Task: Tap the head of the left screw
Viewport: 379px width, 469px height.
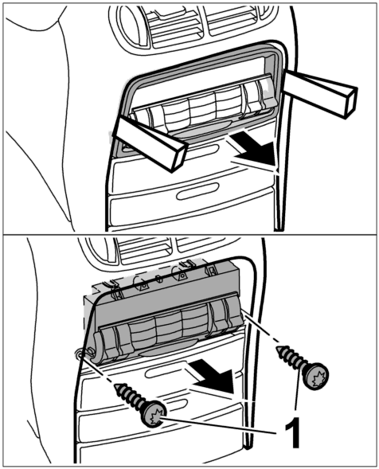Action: coord(154,413)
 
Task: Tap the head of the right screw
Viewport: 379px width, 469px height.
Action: coord(315,375)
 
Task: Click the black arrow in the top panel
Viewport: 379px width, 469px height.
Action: coord(253,150)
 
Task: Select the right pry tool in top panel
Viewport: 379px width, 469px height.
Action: coord(319,92)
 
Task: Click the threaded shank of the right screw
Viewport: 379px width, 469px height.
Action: coord(291,357)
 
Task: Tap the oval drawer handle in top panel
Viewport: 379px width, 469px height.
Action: coord(197,191)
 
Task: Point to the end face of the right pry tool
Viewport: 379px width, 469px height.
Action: coord(352,101)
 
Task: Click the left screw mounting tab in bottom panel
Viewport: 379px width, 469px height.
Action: coord(78,354)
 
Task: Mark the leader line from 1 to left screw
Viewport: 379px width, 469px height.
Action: coord(219,425)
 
